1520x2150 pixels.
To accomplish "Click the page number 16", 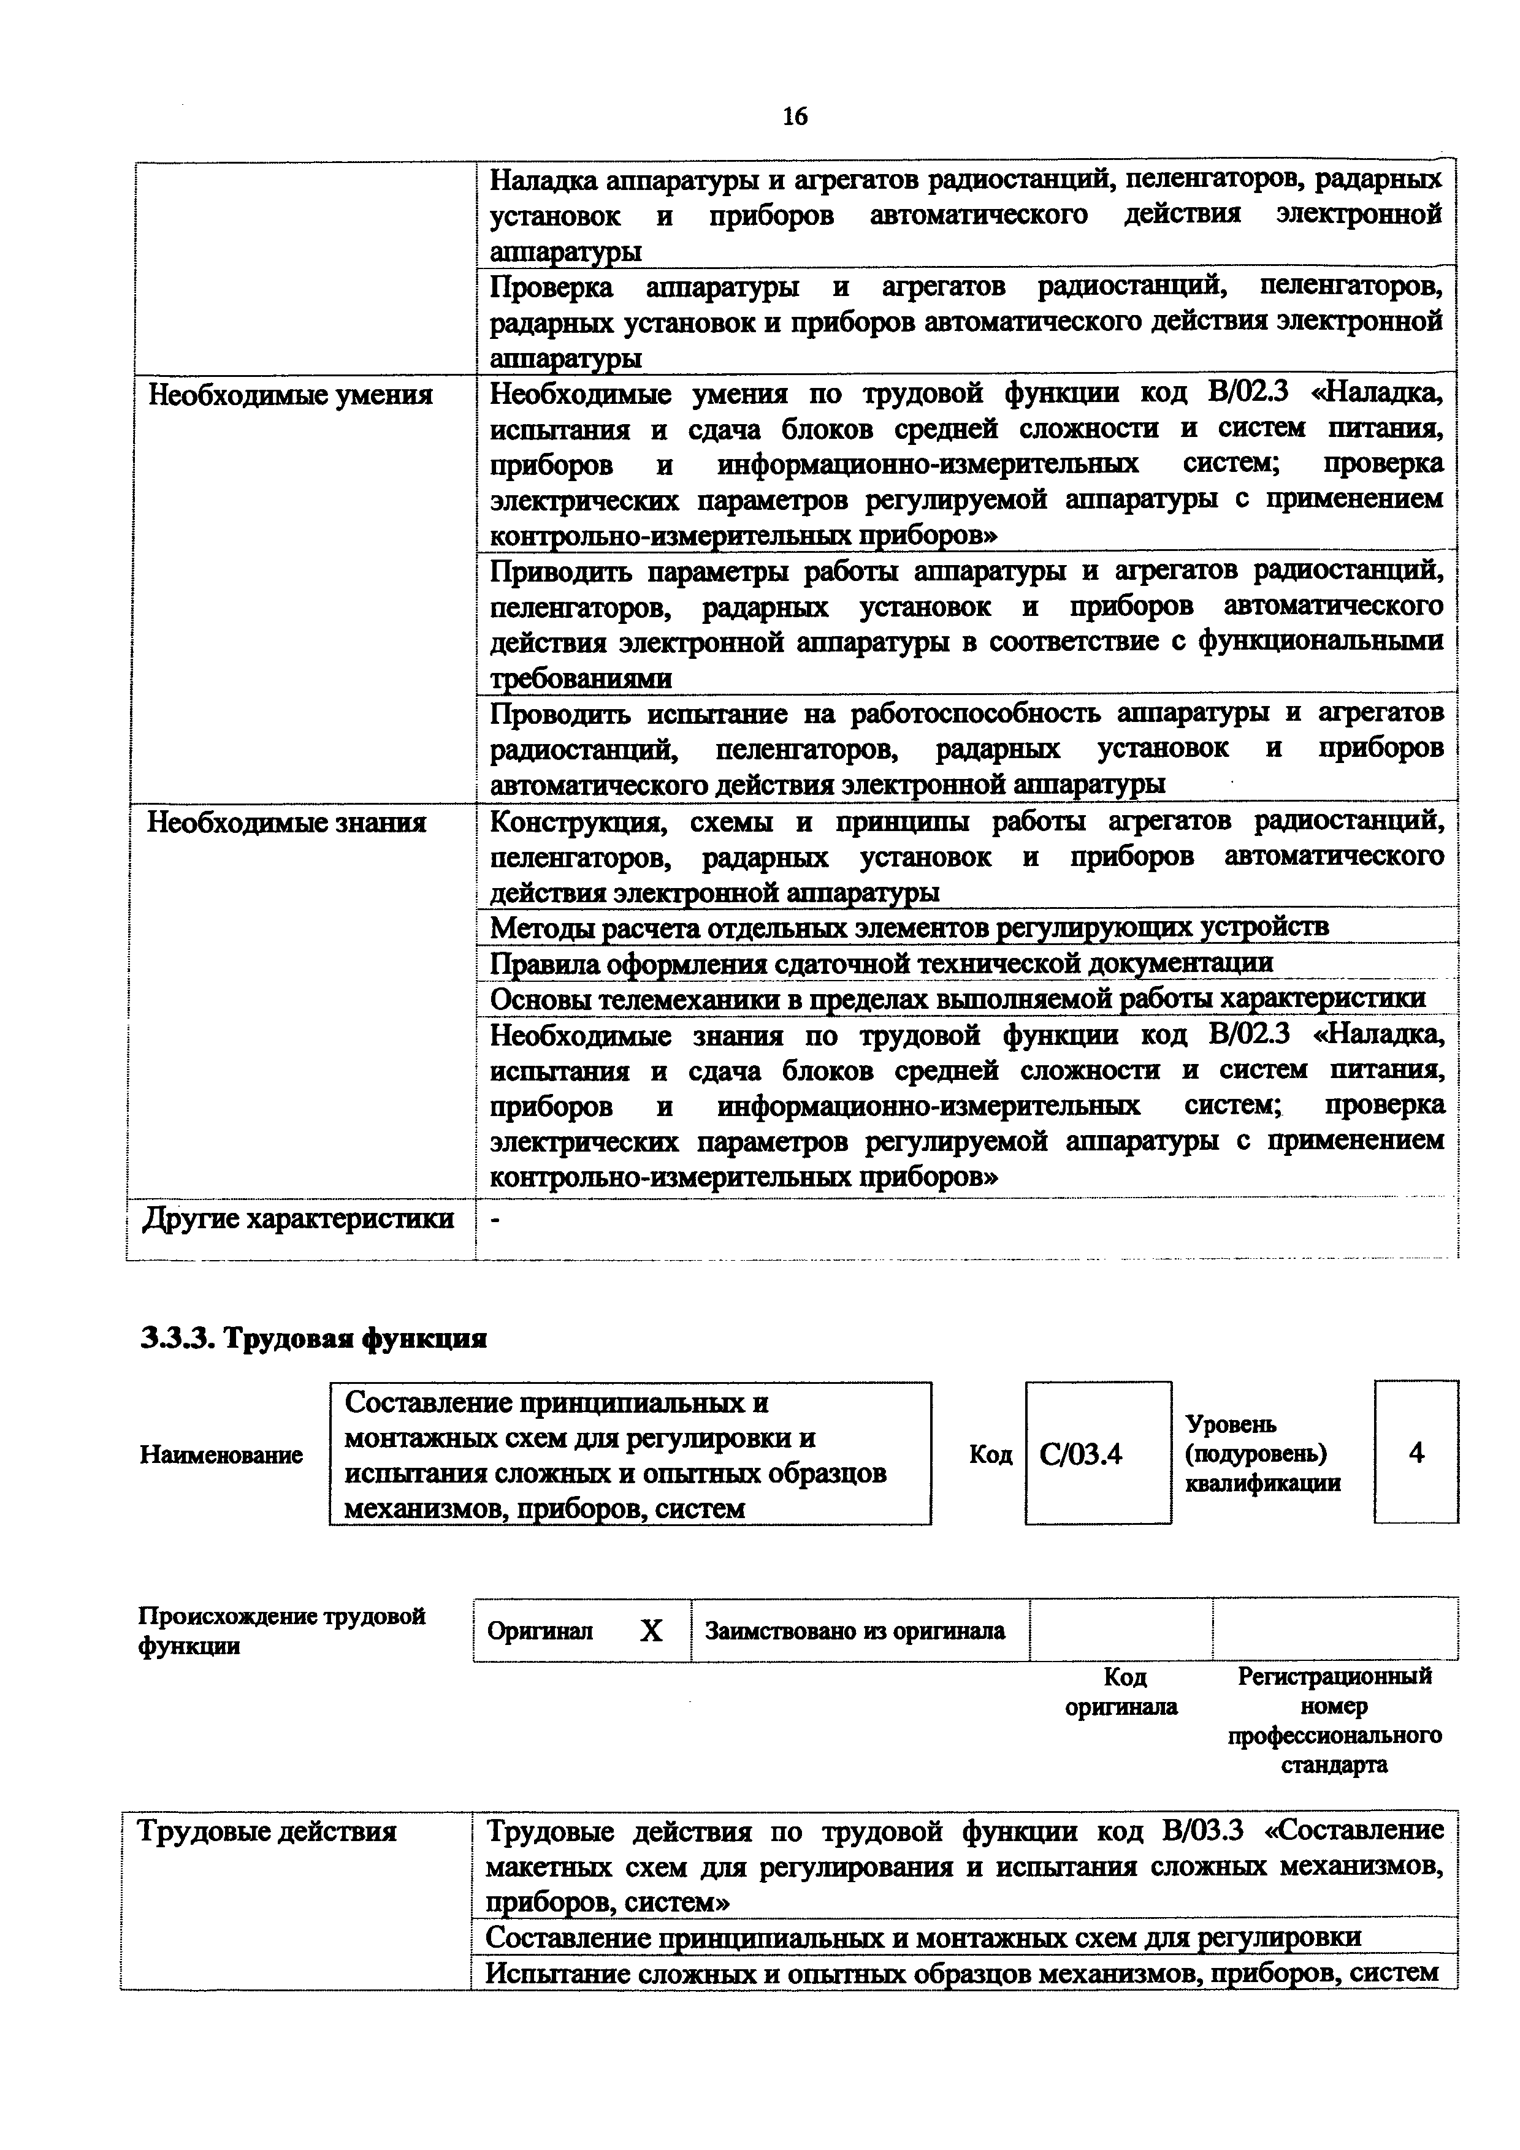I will pyautogui.click(x=794, y=116).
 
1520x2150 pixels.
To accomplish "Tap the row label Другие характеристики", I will pyautogui.click(x=298, y=1219).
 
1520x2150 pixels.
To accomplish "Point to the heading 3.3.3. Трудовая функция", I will pyautogui.click(x=314, y=1339).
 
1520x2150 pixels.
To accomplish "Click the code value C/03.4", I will pyautogui.click(x=1081, y=1454).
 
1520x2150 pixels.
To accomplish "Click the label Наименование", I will pyautogui.click(x=222, y=1455).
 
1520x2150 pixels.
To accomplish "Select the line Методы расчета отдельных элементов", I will pyautogui.click(x=909, y=927).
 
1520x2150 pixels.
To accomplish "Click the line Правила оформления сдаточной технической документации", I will pyautogui.click(x=881, y=963).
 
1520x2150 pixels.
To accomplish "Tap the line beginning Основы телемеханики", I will pyautogui.click(x=957, y=998).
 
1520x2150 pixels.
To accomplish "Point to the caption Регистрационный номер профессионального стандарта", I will pyautogui.click(x=1335, y=1720).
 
